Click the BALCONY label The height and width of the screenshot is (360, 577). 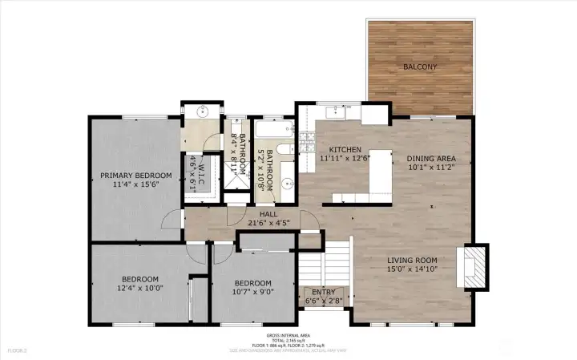pyautogui.click(x=421, y=67)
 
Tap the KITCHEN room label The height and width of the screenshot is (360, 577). pyautogui.click(x=345, y=150)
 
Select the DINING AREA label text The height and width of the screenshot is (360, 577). pyautogui.click(x=432, y=159)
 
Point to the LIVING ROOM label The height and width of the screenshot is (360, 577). pyautogui.click(x=412, y=260)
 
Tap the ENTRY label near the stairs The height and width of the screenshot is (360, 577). pyautogui.click(x=323, y=293)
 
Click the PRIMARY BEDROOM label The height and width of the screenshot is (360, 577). pyautogui.click(x=135, y=176)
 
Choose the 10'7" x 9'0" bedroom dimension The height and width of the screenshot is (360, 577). pyautogui.click(x=252, y=293)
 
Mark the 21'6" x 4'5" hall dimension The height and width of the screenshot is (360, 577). pyautogui.click(x=262, y=224)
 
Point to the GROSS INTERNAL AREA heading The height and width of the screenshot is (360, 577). pyautogui.click(x=288, y=335)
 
